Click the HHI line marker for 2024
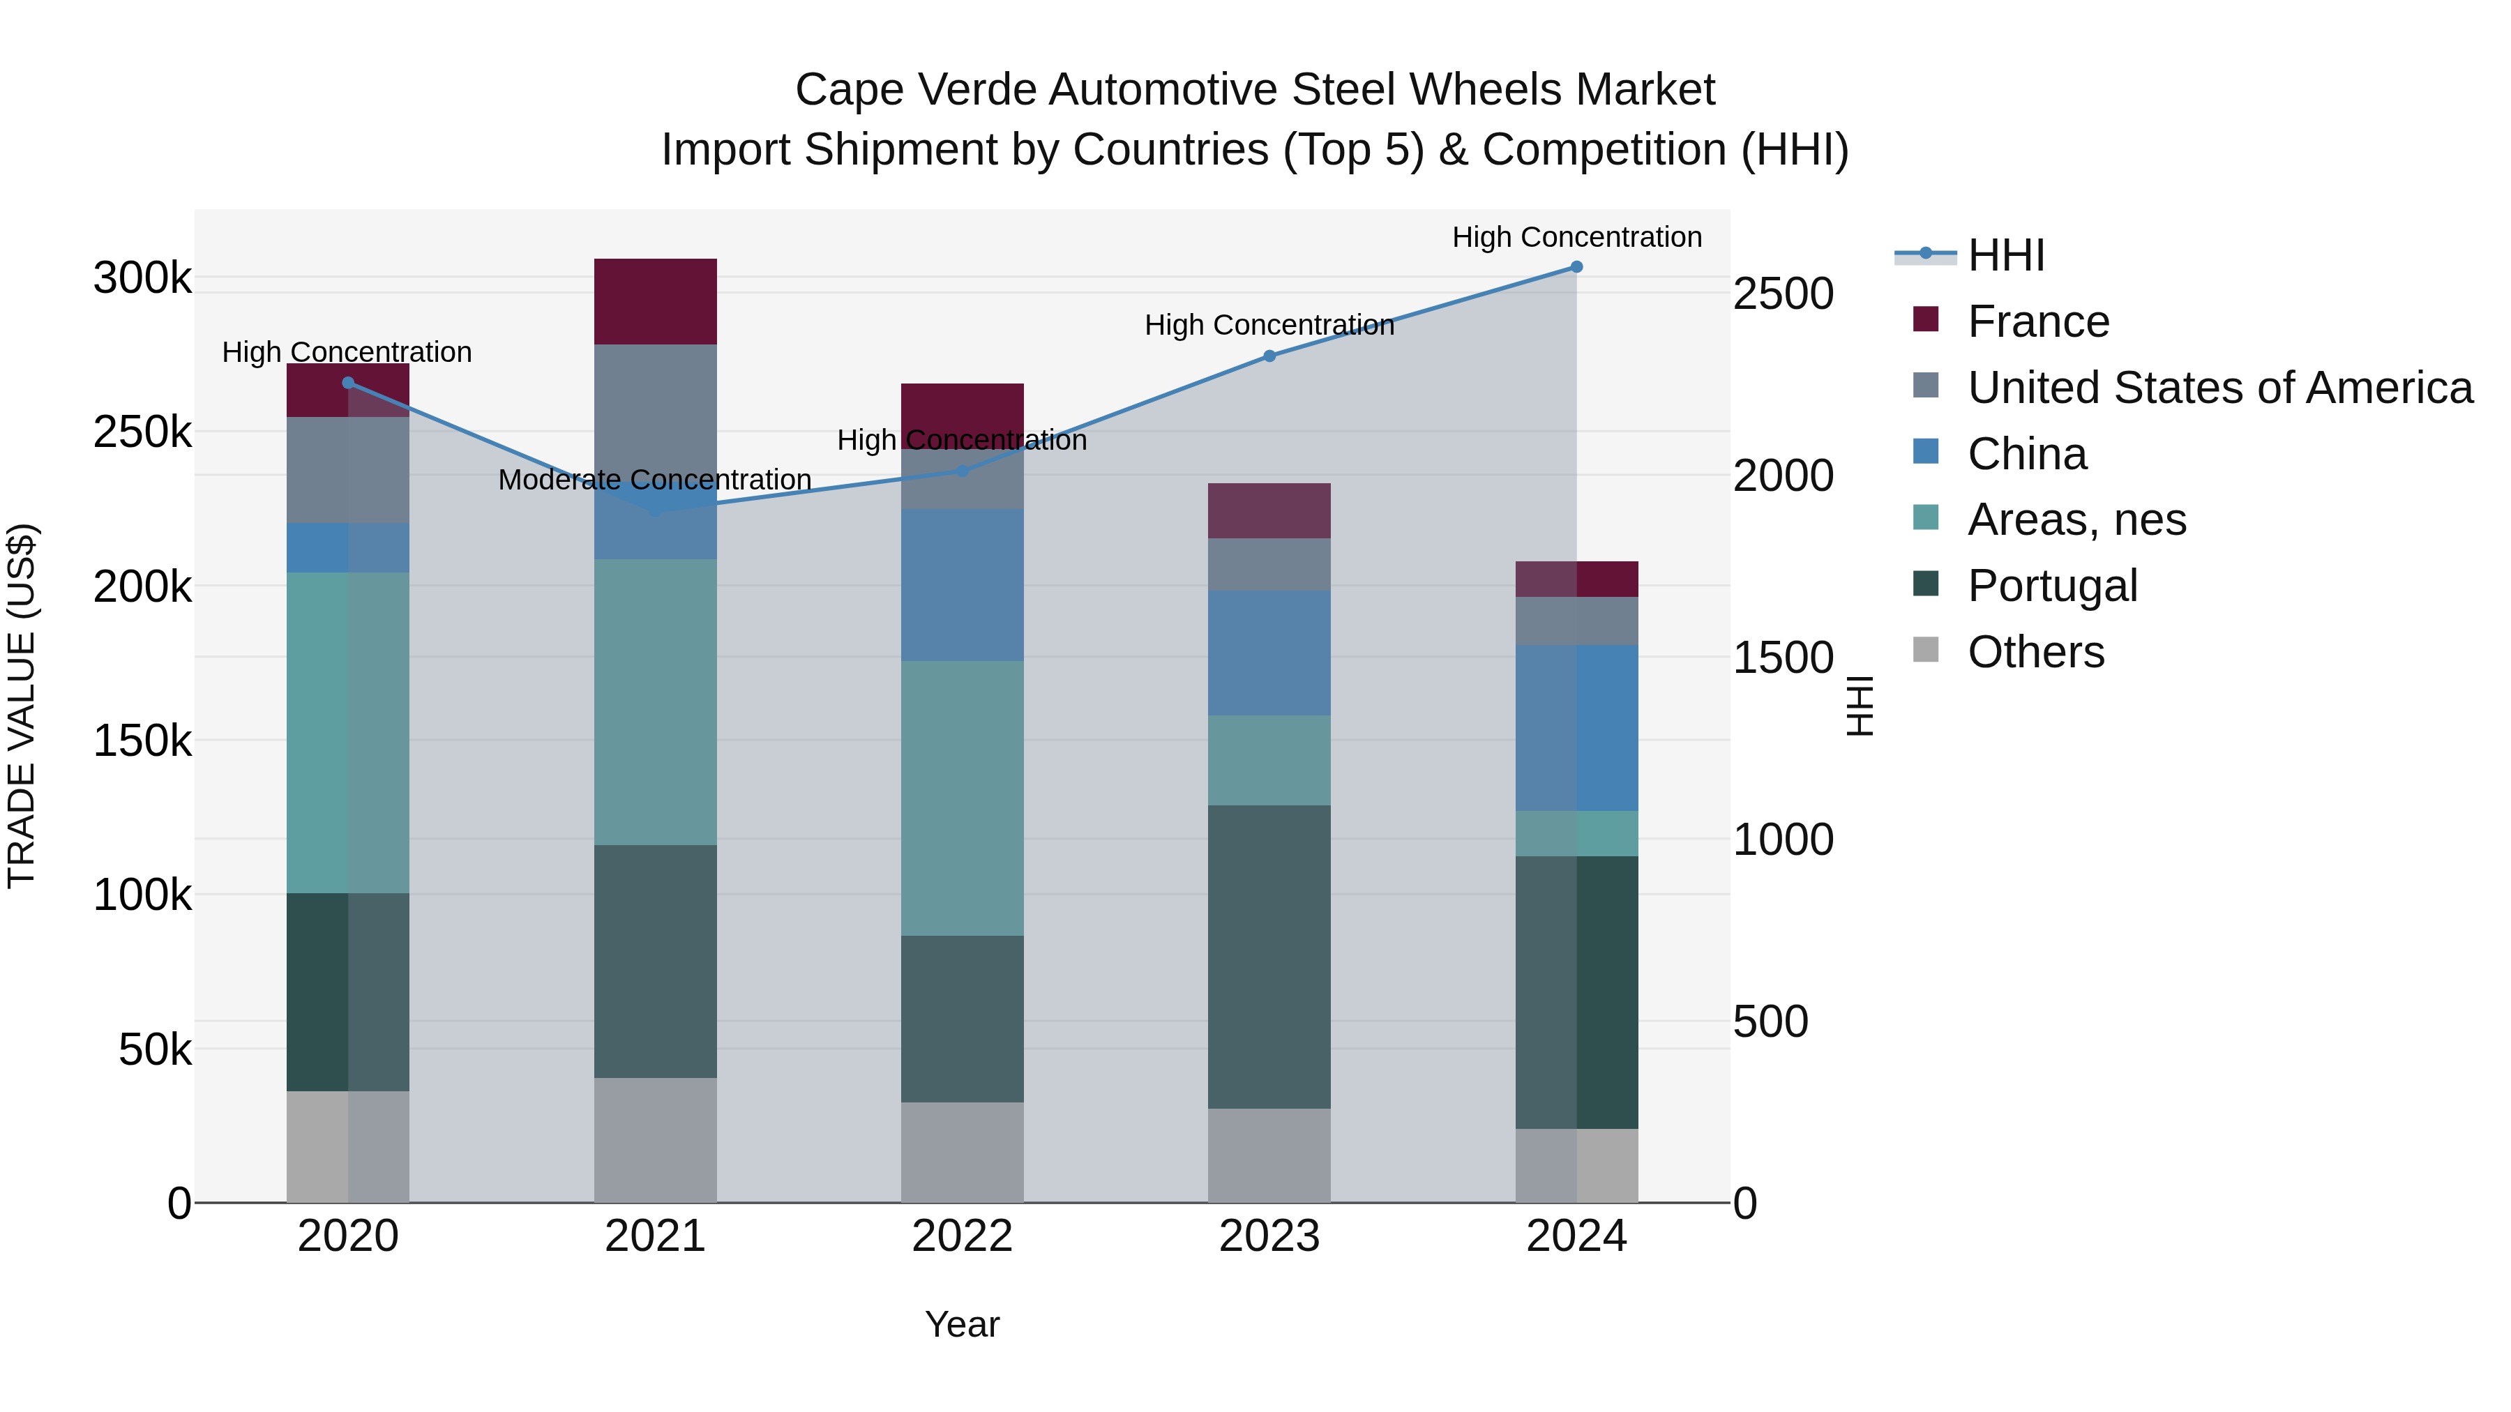pyautogui.click(x=1576, y=267)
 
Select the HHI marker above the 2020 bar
pyautogui.click(x=348, y=383)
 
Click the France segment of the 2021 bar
pyautogui.click(x=655, y=301)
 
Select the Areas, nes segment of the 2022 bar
pyautogui.click(x=962, y=798)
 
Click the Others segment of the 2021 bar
pyautogui.click(x=655, y=1139)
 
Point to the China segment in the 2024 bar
pyautogui.click(x=1576, y=728)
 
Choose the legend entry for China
pyautogui.click(x=2026, y=454)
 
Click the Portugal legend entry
pyautogui.click(x=2052, y=586)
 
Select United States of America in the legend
pyautogui.click(x=2219, y=388)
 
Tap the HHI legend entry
pyautogui.click(x=2005, y=255)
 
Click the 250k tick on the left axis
pyautogui.click(x=142, y=432)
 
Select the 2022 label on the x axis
pyautogui.click(x=962, y=1236)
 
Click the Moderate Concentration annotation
pyautogui.click(x=655, y=480)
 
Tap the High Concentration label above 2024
pyautogui.click(x=1576, y=237)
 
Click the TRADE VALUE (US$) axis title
pyautogui.click(x=22, y=706)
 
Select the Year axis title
pyautogui.click(x=962, y=1324)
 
